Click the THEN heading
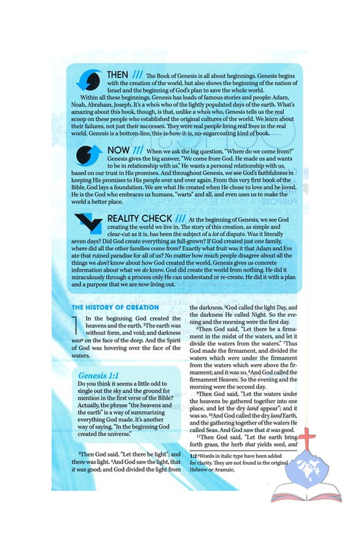[x=118, y=75]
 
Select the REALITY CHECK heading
[x=139, y=219]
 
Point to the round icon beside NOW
[x=89, y=155]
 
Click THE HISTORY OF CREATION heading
[x=115, y=307]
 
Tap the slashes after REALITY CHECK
[x=181, y=219]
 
